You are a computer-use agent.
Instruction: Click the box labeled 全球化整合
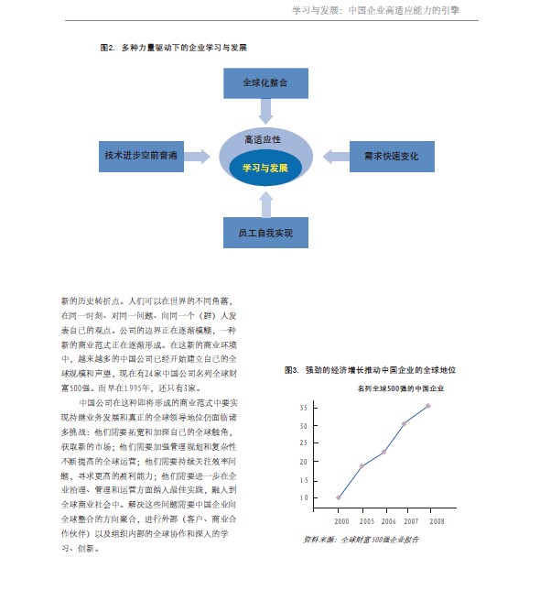pos(265,82)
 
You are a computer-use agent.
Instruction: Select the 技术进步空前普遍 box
pos(140,156)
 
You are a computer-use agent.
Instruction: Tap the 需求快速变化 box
pos(391,156)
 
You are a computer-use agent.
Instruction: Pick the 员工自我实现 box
pos(265,233)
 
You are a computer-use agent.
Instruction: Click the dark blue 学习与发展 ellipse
pos(265,169)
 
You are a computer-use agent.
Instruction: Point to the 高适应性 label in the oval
pos(265,139)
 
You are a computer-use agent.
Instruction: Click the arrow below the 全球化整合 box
pos(265,112)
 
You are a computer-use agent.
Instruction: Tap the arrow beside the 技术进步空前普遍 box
pos(196,157)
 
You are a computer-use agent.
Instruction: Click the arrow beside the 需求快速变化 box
pos(336,157)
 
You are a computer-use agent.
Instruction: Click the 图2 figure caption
pos(173,47)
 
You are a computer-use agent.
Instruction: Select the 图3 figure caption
pos(371,369)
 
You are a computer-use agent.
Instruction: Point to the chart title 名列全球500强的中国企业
pos(394,388)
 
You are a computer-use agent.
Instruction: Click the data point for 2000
pos(339,497)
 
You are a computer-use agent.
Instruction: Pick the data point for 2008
pos(427,405)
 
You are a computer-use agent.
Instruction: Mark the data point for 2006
pos(383,452)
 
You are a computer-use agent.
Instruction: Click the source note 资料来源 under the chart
pos(361,540)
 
